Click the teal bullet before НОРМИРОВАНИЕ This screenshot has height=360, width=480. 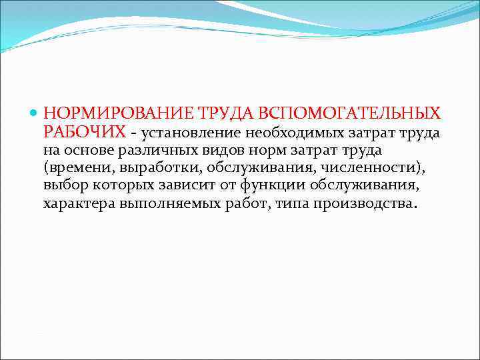pyautogui.click(x=35, y=113)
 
